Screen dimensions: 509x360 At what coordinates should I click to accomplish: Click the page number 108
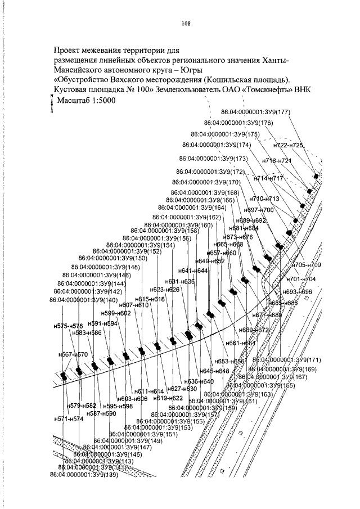[x=187, y=24]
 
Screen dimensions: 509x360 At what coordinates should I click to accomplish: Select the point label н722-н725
[x=288, y=145]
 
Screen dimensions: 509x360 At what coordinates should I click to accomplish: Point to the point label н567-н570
[x=74, y=354]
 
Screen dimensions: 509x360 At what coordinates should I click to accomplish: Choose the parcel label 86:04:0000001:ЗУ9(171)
[x=287, y=359]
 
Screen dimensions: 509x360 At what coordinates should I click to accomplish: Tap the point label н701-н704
[x=301, y=279]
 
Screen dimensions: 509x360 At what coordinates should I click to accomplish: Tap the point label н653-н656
[x=231, y=361]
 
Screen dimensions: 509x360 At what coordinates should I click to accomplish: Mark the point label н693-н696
[x=298, y=292]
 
